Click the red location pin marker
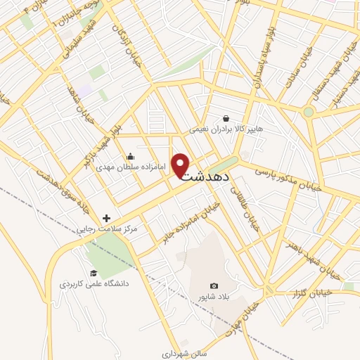point(181,164)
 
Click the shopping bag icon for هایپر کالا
point(226,118)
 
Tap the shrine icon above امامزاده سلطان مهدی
point(129,157)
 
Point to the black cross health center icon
point(107,219)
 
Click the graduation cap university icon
point(93,274)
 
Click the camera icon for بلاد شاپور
point(214,285)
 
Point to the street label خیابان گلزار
point(311,292)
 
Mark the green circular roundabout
point(308,112)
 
